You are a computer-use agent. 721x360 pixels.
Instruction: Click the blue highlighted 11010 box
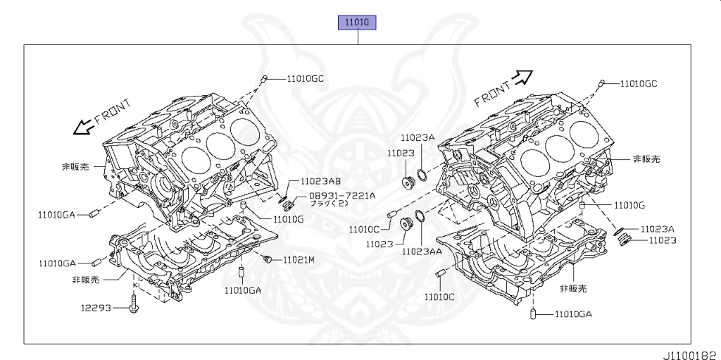[x=358, y=22]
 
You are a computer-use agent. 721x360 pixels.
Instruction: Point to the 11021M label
[x=299, y=260]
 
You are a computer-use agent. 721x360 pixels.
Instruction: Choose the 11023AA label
[x=422, y=251]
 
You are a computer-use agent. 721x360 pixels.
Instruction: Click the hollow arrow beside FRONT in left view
[x=84, y=127]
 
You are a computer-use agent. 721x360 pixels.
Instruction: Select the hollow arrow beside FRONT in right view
[x=522, y=77]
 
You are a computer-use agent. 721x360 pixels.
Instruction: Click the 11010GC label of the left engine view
[x=305, y=79]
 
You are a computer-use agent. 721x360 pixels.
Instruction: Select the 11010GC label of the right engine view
[x=638, y=83]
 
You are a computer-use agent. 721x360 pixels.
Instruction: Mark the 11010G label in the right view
[x=629, y=205]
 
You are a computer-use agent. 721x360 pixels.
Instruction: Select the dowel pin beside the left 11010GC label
[x=263, y=80]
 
